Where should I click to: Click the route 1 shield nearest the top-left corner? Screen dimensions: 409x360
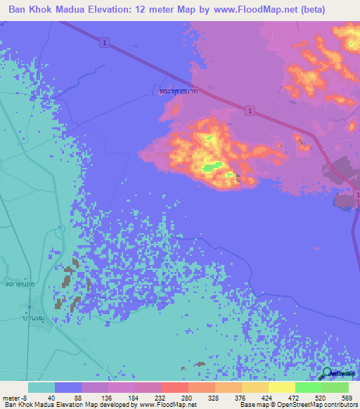point(104,44)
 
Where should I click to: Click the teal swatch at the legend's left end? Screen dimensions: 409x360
point(41,387)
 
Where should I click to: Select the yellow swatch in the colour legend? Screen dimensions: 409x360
point(281,387)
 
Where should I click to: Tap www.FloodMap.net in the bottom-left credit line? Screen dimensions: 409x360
point(167,405)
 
